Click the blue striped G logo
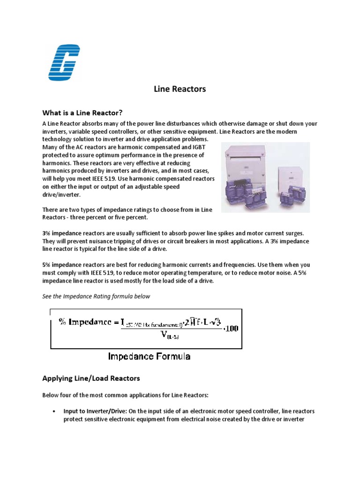click(x=64, y=62)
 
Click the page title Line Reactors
click(x=180, y=89)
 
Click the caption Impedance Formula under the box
click(x=149, y=357)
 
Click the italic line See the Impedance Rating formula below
click(x=96, y=296)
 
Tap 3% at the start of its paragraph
click(x=47, y=233)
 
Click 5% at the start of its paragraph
click(x=47, y=265)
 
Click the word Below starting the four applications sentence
click(x=51, y=395)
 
